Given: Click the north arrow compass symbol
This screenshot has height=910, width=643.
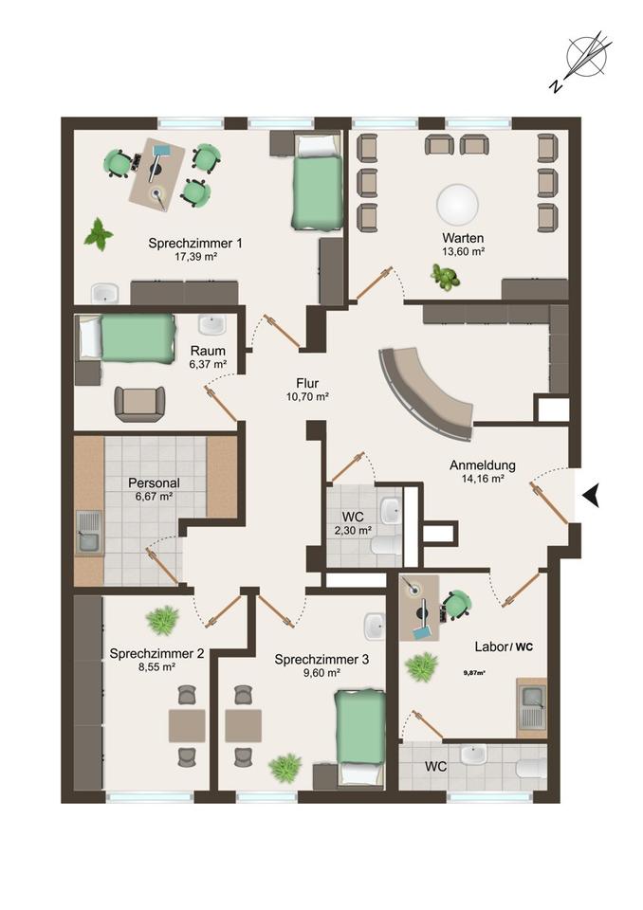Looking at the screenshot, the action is [587, 56].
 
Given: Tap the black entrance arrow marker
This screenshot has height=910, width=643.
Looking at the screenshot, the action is [592, 496].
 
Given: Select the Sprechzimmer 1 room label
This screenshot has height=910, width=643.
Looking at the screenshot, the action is [195, 243].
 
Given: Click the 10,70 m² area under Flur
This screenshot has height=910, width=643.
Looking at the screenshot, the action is [308, 397].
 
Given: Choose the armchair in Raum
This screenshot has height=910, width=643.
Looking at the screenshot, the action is [139, 404].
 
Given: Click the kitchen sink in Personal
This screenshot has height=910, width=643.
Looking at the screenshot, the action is [89, 534].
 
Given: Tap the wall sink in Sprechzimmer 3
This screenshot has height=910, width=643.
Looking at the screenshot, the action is [374, 627].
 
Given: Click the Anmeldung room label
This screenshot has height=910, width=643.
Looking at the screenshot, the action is [482, 464].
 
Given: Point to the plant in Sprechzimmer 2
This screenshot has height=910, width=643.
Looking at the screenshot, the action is [162, 619].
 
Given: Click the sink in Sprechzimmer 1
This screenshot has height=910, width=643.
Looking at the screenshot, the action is [105, 294].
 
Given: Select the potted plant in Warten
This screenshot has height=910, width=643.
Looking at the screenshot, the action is [446, 278].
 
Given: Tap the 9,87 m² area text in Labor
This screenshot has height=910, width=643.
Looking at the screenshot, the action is [474, 673].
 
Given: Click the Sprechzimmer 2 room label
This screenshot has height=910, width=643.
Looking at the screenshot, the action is [156, 653].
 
